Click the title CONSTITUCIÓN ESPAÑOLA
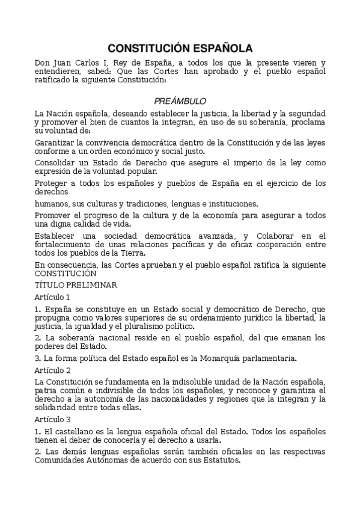(x=180, y=48)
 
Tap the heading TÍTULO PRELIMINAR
(x=76, y=284)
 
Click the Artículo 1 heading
(x=52, y=297)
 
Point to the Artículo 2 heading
(x=52, y=370)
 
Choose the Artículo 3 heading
(x=52, y=419)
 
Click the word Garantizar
(x=56, y=143)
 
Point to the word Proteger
(x=52, y=183)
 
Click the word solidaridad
(x=57, y=407)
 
